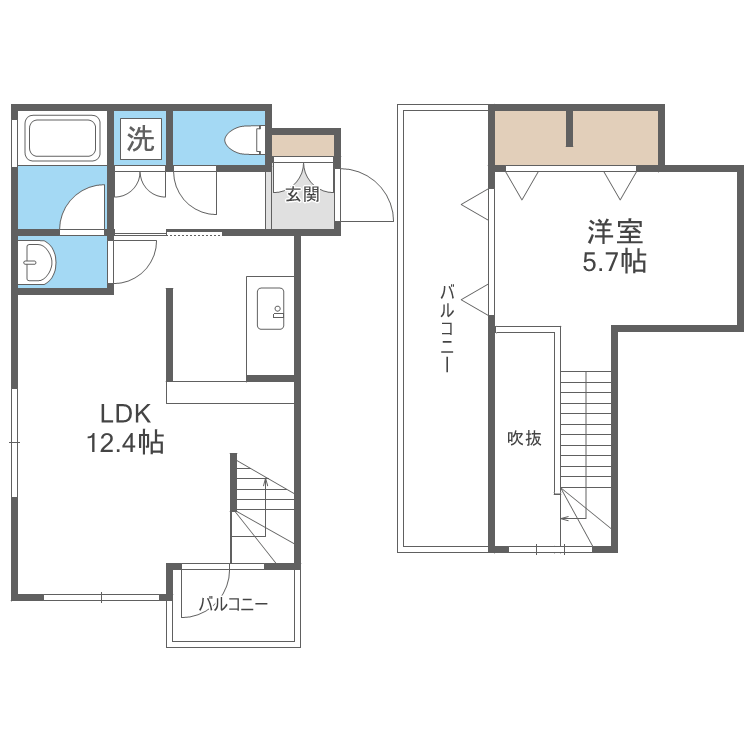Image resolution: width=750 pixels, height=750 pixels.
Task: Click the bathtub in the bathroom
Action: click(62, 138)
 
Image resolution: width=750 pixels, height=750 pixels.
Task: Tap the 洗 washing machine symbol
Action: click(141, 139)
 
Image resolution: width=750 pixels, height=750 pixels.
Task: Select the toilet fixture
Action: click(244, 140)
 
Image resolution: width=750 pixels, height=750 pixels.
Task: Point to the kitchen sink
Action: click(270, 309)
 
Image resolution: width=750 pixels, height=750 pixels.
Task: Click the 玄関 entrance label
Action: click(302, 195)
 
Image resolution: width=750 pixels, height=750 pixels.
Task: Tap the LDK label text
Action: click(126, 414)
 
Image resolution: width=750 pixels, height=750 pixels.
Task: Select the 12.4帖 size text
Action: click(125, 443)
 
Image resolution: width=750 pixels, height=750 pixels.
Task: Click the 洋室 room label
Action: click(615, 232)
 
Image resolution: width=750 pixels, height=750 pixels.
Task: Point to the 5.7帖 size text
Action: click(615, 262)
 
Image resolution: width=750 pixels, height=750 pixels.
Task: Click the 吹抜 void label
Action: click(524, 438)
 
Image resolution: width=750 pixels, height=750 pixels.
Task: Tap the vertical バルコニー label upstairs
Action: click(447, 328)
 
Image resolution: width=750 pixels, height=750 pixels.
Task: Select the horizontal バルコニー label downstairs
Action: click(233, 605)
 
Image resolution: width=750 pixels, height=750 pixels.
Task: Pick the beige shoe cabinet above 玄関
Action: click(303, 145)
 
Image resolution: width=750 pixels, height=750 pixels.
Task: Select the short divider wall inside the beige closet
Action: click(569, 128)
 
